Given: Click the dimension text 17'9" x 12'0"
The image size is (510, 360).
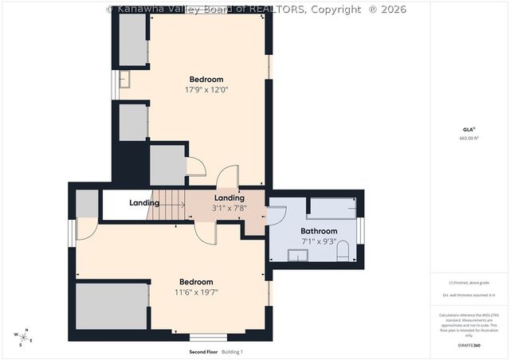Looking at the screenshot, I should (206, 90).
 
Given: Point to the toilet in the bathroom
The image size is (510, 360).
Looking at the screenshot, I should (343, 252).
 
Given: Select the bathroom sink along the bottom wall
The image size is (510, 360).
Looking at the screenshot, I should (298, 255).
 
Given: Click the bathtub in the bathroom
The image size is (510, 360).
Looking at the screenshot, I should (331, 209).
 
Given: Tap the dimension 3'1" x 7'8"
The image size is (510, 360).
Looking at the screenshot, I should (229, 209).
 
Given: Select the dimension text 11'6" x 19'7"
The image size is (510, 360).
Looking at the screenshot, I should (196, 292).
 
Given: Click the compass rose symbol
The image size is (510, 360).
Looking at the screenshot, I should (24, 338).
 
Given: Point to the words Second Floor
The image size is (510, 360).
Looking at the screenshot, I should (203, 351).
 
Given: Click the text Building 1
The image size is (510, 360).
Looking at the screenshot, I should (232, 351).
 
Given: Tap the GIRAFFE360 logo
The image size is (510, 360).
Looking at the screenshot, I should (470, 346).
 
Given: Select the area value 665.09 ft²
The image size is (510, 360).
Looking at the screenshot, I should (469, 138).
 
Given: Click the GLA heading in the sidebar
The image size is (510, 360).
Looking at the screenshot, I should (469, 129).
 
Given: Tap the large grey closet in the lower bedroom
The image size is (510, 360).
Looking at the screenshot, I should (112, 306).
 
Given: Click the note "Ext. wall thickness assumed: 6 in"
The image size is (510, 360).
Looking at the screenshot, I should (469, 295).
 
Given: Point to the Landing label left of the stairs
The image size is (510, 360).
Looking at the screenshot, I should (144, 203).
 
